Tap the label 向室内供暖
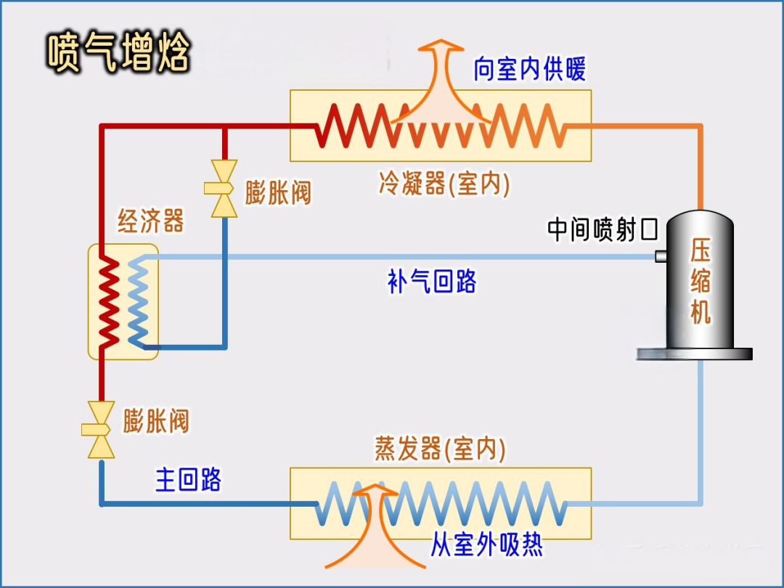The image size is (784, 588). pyautogui.click(x=529, y=69)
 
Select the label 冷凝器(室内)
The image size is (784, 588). pyautogui.click(x=444, y=184)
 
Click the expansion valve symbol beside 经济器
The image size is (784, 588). pyautogui.click(x=223, y=189)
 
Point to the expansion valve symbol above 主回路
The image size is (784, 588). pyautogui.click(x=101, y=429)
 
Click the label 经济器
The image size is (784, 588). pyautogui.click(x=151, y=221)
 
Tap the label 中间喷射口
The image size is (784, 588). pyautogui.click(x=602, y=230)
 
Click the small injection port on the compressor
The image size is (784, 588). pyautogui.click(x=661, y=256)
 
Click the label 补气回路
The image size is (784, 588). pyautogui.click(x=432, y=282)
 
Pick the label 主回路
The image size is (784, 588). pyautogui.click(x=188, y=480)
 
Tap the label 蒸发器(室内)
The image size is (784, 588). pyautogui.click(x=440, y=449)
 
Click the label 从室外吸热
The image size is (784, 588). pyautogui.click(x=486, y=544)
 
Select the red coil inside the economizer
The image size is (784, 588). pyautogui.click(x=109, y=301)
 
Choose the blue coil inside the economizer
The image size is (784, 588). pyautogui.click(x=139, y=301)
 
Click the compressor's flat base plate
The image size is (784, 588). pyautogui.click(x=694, y=354)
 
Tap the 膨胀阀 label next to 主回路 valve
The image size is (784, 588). pyautogui.click(x=156, y=421)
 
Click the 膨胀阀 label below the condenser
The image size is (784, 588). pyautogui.click(x=277, y=193)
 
